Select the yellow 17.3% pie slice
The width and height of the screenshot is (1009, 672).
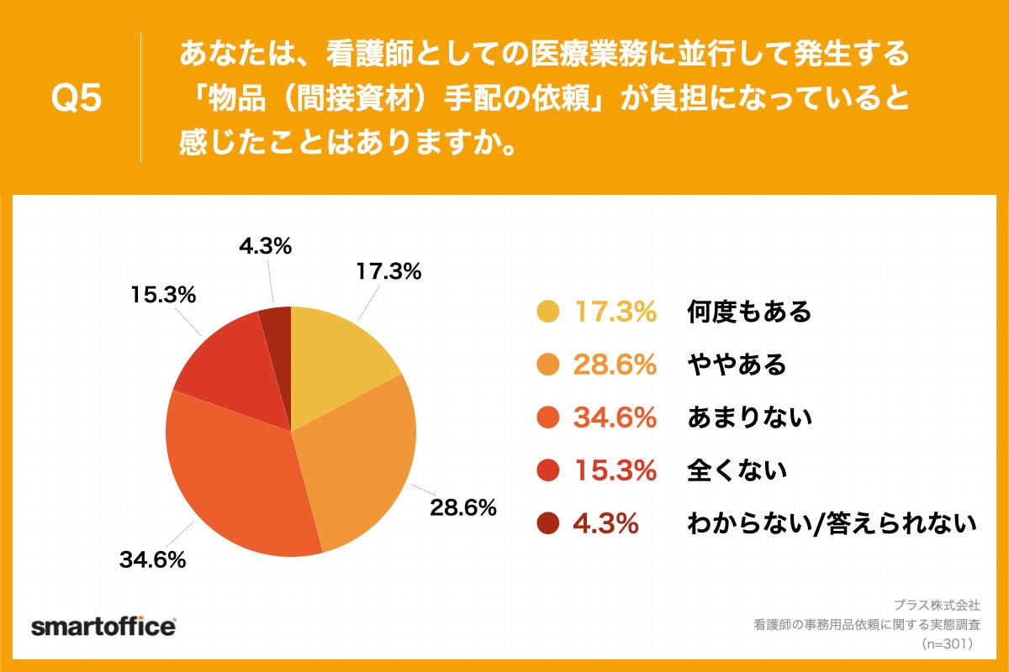(336, 361)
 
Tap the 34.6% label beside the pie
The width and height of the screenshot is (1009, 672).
(153, 559)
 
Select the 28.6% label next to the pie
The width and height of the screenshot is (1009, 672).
(462, 508)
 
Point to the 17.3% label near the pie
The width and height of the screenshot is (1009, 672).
(388, 271)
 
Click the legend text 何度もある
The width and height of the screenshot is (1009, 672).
(749, 312)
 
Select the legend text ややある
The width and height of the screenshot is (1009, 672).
(737, 365)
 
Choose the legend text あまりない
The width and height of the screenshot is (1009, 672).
(749, 417)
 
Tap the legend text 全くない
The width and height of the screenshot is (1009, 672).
(737, 470)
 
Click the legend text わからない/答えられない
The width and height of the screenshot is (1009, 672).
(832, 523)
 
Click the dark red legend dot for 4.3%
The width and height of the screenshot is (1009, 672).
(547, 523)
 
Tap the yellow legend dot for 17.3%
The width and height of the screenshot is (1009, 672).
(547, 312)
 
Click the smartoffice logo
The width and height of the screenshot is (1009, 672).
(103, 627)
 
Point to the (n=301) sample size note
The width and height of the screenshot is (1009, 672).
(948, 644)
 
